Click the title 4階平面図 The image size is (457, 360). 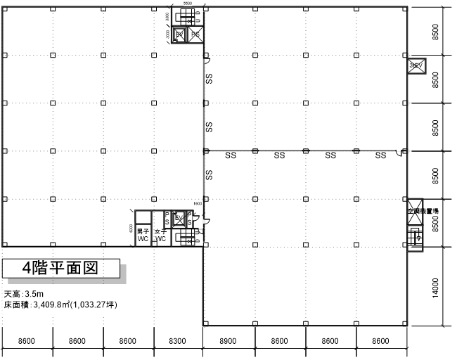point(59,268)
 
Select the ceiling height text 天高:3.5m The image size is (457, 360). point(24,294)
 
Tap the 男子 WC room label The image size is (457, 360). point(143,235)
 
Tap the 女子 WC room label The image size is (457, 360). point(161,235)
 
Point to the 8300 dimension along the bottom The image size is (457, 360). point(178,340)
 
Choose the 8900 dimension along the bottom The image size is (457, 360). point(228,340)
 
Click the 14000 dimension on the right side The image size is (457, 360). point(436,287)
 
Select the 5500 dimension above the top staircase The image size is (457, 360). point(187,4)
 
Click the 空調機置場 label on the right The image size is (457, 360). point(423,210)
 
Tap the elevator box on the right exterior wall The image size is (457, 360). point(414,65)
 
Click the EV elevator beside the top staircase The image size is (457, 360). point(180,34)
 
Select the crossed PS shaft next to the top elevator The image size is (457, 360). point(195,34)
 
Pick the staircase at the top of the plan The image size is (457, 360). point(188,17)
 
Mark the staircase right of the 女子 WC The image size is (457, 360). point(187,238)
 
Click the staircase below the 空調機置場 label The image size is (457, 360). point(414,237)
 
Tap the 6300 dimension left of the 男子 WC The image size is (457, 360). point(131,229)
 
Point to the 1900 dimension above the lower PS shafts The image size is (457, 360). point(198,204)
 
